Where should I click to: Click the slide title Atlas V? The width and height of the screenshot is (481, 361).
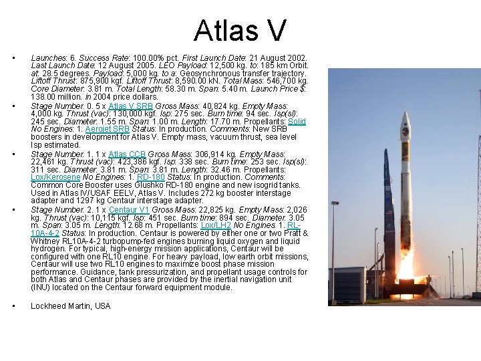pyautogui.click(x=240, y=31)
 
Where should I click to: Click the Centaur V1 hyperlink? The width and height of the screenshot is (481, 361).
pyautogui.click(x=128, y=209)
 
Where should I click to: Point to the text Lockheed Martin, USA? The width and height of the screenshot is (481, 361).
pyautogui.click(x=71, y=306)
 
